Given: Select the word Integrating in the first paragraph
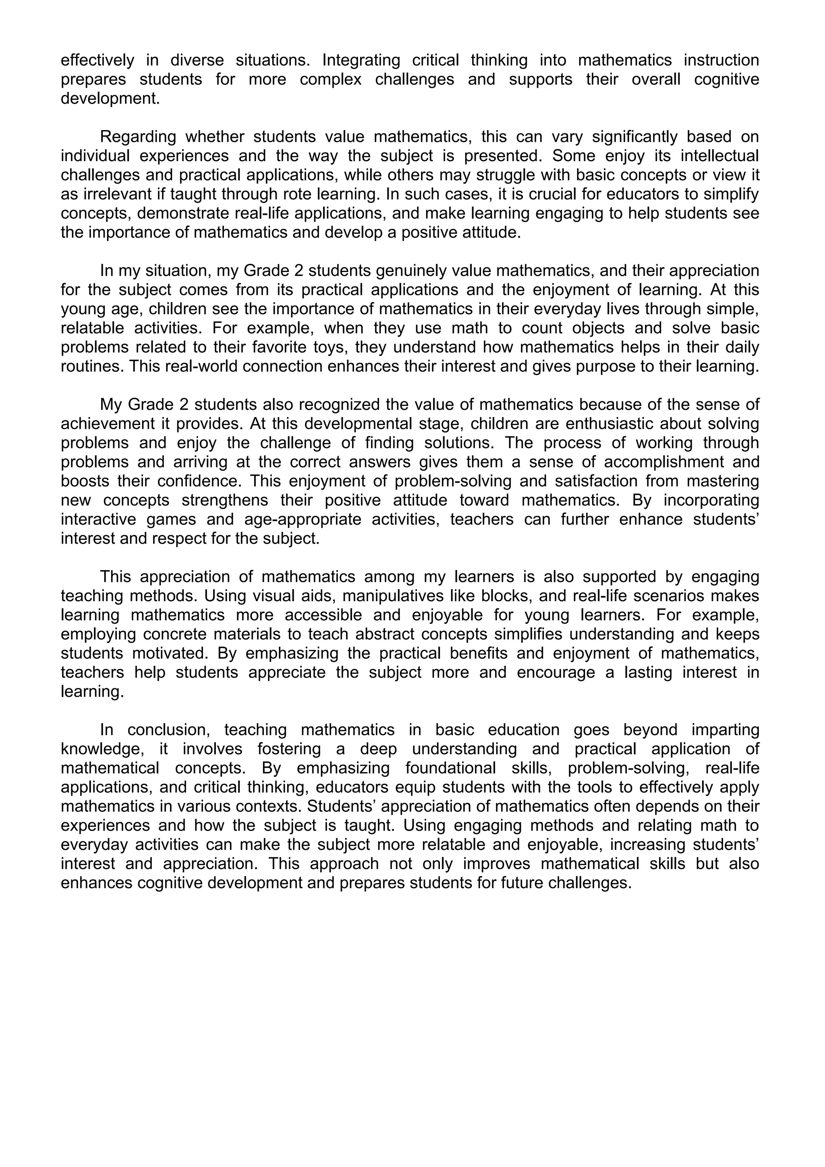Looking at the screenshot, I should click(361, 60).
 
